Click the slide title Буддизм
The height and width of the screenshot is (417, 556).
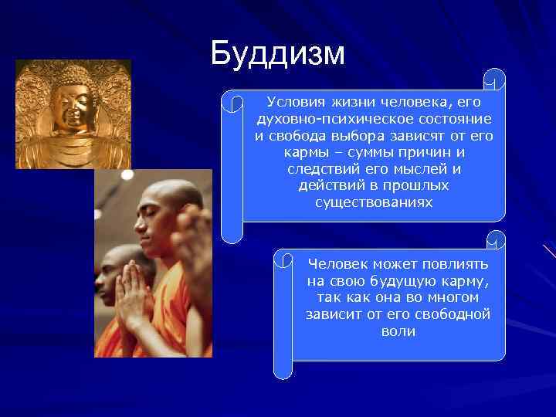point(277,54)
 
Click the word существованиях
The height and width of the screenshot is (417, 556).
point(374,203)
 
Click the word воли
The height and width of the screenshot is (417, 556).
point(398,331)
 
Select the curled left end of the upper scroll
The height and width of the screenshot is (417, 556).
point(231,166)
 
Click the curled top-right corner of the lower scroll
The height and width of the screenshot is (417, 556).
point(497,240)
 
